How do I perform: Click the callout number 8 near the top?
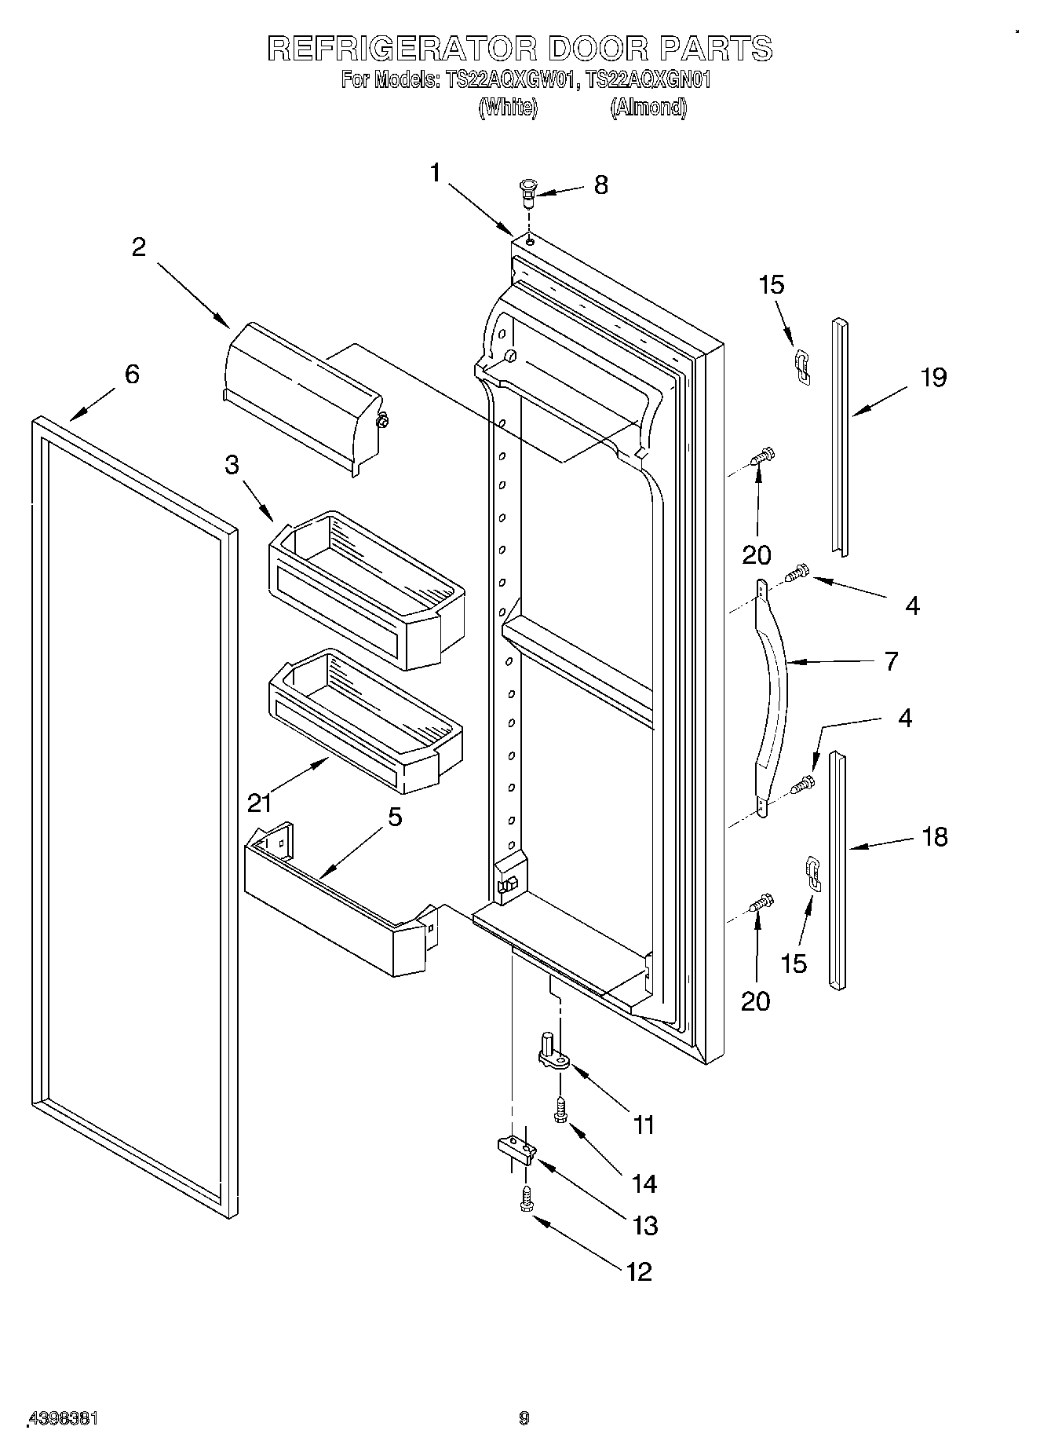click(600, 185)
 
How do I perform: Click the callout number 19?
click(933, 378)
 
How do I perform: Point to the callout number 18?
click(934, 837)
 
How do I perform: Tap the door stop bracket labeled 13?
click(516, 1148)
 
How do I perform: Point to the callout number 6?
click(132, 374)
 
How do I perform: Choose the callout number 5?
click(394, 817)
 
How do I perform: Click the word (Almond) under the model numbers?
click(648, 108)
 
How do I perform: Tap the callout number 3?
click(232, 465)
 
